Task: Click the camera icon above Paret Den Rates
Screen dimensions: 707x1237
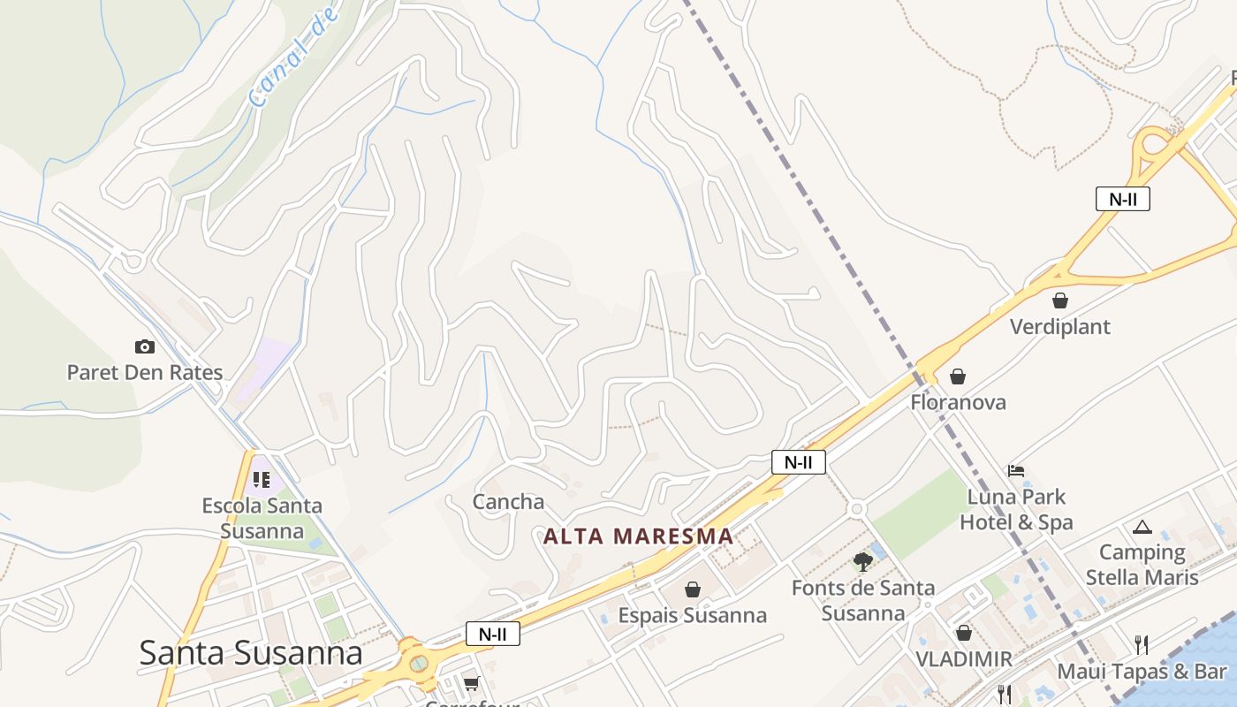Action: tap(144, 346)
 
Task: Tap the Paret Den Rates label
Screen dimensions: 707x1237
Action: tap(145, 372)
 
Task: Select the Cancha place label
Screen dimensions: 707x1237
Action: tap(508, 502)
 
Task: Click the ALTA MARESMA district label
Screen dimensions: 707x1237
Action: tap(638, 536)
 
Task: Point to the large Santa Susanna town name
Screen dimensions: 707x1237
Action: tap(251, 653)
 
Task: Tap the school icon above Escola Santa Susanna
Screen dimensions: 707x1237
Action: tap(261, 480)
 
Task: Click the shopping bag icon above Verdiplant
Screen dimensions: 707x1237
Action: tap(1060, 301)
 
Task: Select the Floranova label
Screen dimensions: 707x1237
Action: tap(958, 402)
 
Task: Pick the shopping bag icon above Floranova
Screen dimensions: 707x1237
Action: tap(958, 377)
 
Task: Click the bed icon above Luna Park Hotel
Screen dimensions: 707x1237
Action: tap(1016, 471)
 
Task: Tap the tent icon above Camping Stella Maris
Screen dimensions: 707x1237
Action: tap(1142, 528)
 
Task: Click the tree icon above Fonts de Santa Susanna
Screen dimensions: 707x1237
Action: tap(862, 561)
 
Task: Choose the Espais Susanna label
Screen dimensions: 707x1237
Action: tap(693, 615)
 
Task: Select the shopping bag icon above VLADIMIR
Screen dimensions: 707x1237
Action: tap(964, 633)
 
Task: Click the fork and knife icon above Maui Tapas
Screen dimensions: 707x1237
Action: tap(1142, 644)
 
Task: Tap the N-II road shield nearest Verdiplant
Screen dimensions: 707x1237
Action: tap(1123, 199)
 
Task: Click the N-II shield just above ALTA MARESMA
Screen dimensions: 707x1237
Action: tap(798, 462)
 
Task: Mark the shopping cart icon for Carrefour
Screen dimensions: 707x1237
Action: tap(472, 683)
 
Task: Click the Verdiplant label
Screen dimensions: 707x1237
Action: tap(1060, 327)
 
